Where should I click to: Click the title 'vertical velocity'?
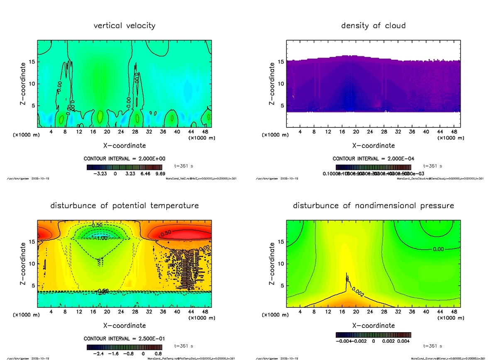[x=124, y=26]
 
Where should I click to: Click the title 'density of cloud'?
[x=373, y=26]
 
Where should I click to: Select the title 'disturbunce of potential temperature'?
[x=124, y=206]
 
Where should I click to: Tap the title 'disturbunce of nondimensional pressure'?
[x=373, y=206]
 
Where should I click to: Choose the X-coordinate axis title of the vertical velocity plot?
[x=124, y=146]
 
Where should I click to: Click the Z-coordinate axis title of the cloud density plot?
[x=272, y=83]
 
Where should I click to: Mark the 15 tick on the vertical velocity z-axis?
[x=32, y=62]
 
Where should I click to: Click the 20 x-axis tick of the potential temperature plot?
[x=107, y=312]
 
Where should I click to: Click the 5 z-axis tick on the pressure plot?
[x=282, y=285]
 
